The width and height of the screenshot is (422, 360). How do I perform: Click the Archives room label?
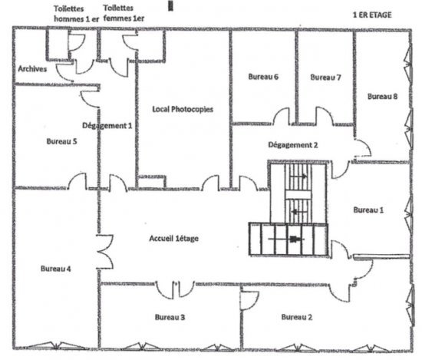click(32, 69)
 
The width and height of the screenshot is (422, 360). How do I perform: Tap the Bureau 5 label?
click(61, 141)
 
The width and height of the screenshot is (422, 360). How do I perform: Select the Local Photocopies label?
click(183, 109)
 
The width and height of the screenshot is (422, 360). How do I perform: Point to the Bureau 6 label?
click(263, 77)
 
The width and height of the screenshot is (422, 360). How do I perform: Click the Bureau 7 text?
click(325, 78)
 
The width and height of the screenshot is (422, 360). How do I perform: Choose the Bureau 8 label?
click(382, 96)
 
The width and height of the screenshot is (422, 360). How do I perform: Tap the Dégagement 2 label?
click(293, 145)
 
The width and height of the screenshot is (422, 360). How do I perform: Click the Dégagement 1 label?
click(107, 125)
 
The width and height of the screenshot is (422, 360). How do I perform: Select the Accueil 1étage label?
click(174, 238)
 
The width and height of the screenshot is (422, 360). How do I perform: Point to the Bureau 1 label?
click(368, 210)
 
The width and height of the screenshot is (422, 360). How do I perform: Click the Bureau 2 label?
click(297, 317)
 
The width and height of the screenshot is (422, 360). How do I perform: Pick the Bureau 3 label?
click(170, 317)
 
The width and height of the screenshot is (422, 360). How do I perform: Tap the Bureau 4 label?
click(56, 269)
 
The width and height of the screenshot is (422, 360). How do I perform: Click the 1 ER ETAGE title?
click(372, 15)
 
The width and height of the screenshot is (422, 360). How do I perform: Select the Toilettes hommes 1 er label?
click(77, 14)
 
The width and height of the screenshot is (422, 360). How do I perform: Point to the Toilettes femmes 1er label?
click(124, 13)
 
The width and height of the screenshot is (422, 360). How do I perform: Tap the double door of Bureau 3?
click(175, 290)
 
